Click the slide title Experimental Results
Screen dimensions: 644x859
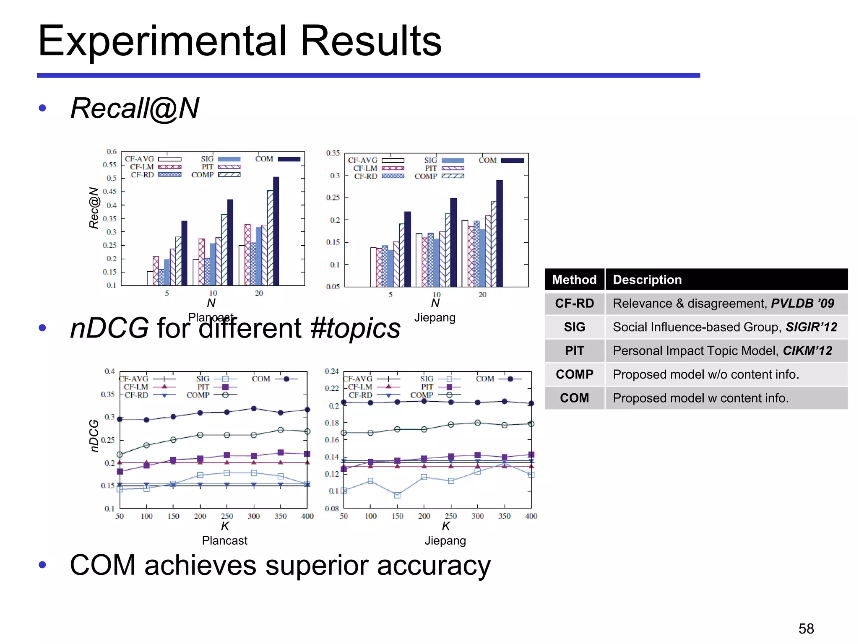coord(239,41)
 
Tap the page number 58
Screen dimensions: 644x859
coord(806,628)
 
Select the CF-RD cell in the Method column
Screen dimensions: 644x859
coord(574,303)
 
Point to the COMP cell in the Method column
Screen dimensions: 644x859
coord(574,374)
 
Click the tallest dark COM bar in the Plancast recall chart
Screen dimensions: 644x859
coord(276,231)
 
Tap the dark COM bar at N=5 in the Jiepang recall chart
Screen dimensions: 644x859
coord(408,249)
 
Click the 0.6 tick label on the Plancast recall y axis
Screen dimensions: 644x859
coord(111,151)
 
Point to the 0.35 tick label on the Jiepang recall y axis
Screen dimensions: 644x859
coord(333,153)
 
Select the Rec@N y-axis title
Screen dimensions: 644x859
coord(94,208)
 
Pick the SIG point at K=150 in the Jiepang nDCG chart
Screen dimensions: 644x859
coord(397,495)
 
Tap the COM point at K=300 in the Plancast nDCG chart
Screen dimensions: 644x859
coord(254,408)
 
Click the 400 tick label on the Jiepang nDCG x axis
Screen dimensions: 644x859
coord(531,516)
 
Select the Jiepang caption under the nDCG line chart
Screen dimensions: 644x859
coord(445,540)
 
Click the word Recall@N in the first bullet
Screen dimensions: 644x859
coord(135,108)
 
